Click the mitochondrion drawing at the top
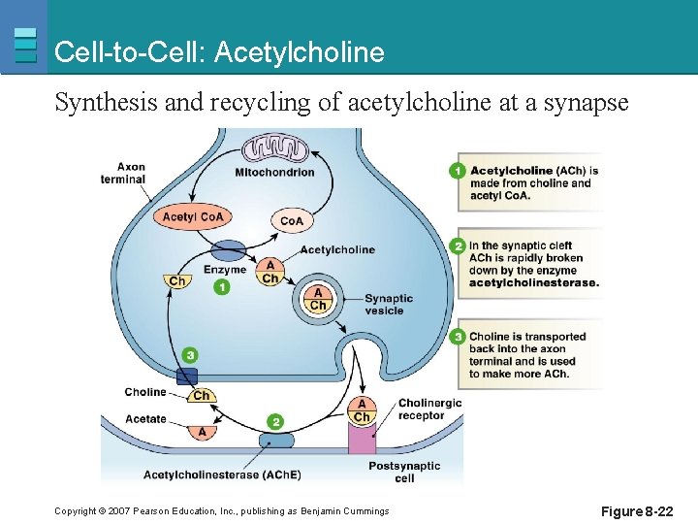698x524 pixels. click(274, 148)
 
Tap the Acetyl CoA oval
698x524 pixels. click(193, 217)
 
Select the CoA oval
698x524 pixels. click(292, 220)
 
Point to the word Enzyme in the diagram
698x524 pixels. click(225, 270)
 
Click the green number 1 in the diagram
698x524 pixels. click(222, 287)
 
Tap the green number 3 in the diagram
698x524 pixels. click(189, 356)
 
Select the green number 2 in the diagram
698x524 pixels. click(276, 421)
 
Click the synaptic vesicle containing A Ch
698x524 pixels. click(317, 299)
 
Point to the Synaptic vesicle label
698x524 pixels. click(389, 305)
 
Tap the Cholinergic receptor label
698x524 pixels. click(429, 409)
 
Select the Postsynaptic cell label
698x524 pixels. click(404, 472)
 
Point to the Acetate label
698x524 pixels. click(145, 419)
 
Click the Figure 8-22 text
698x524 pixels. click(636, 510)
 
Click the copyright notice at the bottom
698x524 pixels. click(221, 510)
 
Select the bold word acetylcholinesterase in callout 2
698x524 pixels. click(533, 282)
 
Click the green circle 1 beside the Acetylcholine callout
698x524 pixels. click(458, 171)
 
